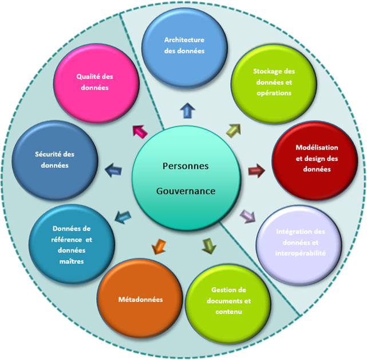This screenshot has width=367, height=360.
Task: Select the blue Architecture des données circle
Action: (x=185, y=45)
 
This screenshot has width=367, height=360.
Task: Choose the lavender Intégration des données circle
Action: (x=300, y=242)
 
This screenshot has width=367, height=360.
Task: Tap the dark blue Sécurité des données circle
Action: (x=54, y=159)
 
